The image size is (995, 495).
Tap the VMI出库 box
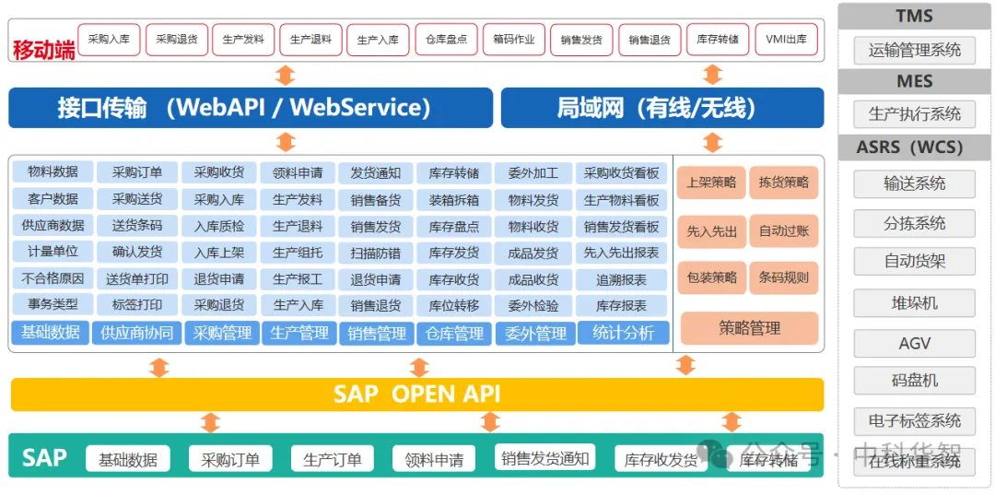point(786,40)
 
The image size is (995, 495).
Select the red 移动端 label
point(43,49)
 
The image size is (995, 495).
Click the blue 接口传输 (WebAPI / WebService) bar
point(251,108)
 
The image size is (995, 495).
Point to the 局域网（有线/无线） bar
point(661,108)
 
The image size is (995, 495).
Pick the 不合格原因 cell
point(53,278)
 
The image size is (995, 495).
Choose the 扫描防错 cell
point(376,253)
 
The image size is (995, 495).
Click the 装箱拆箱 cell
point(454,199)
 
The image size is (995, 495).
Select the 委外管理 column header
point(536,333)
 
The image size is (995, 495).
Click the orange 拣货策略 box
point(784,183)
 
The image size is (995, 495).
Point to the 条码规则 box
point(784,277)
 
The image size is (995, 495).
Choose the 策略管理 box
point(749,328)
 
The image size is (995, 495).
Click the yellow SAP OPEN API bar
point(417,394)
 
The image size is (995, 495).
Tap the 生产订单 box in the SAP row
point(332,459)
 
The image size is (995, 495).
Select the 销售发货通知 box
point(544,458)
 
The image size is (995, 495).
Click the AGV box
point(915,343)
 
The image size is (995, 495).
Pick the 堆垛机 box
point(915,302)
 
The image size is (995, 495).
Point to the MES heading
point(915,82)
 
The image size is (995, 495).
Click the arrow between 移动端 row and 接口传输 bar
point(286,75)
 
